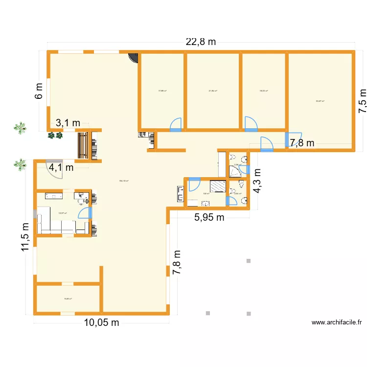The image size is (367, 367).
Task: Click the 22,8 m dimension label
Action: [x=201, y=42]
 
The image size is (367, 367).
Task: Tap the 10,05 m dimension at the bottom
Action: [x=101, y=322]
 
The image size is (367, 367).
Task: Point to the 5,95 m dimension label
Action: [x=209, y=218]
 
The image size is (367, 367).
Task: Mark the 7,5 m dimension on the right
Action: [x=362, y=101]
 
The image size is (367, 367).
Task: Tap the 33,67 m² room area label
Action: [x=320, y=101]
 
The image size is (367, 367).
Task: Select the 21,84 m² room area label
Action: [x=213, y=91]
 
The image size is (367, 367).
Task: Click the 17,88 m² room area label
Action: [x=162, y=91]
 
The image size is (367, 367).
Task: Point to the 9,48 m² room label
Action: [x=68, y=299]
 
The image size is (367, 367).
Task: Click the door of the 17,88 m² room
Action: [x=176, y=125]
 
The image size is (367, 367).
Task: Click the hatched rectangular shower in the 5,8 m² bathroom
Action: [x=218, y=186]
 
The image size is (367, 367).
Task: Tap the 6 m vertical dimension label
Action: [x=39, y=91]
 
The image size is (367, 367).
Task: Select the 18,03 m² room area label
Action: [x=264, y=91]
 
